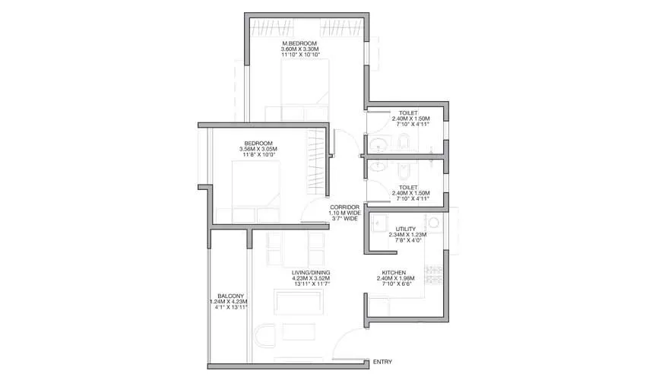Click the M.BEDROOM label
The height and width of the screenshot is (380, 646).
point(299,44)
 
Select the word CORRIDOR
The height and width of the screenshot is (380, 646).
point(344,207)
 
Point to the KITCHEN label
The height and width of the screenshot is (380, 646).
point(394,272)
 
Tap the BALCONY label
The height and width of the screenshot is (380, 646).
point(230,296)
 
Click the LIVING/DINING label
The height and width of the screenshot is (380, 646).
point(309,272)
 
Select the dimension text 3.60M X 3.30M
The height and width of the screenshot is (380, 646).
point(299,50)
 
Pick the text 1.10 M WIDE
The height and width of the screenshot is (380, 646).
point(344,213)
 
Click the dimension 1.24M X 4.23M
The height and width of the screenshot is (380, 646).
point(230,302)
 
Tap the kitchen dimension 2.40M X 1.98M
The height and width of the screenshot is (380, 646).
point(394,278)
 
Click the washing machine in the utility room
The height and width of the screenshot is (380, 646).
point(435,223)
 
